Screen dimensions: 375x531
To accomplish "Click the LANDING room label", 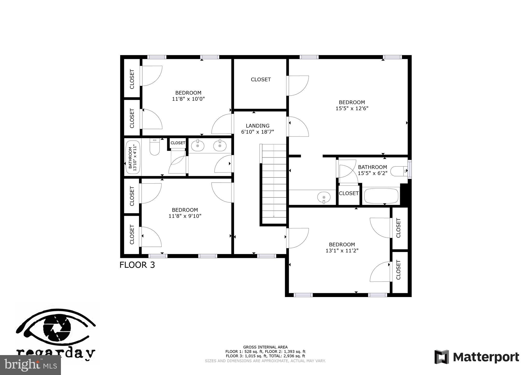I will pos(257,126).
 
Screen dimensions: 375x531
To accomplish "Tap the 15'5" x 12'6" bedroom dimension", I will pos(352,108).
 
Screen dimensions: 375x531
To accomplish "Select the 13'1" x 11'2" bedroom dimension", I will pos(342,250).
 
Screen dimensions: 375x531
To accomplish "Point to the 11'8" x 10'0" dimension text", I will pos(188,99).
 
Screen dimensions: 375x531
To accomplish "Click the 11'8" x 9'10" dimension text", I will pos(185,216).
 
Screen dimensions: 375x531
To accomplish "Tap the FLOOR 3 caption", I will pos(137,265).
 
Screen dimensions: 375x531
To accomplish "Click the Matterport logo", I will pos(477,357).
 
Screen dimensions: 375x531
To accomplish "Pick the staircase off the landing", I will pos(274,184).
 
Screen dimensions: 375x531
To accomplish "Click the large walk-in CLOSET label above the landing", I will pos(261,80).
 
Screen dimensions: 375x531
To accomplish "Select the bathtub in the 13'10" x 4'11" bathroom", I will pos(133,157).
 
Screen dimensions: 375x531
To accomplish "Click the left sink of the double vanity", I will pos(198,146).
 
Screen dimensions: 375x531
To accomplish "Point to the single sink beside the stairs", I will pos(324,197).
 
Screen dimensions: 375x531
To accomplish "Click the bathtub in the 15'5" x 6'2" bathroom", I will pos(381,196).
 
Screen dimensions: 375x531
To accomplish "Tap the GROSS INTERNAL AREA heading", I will pos(265,347).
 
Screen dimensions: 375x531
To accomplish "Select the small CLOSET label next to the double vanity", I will pos(178,143).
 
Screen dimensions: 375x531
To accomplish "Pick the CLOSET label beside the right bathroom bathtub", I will pos(349,193).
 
